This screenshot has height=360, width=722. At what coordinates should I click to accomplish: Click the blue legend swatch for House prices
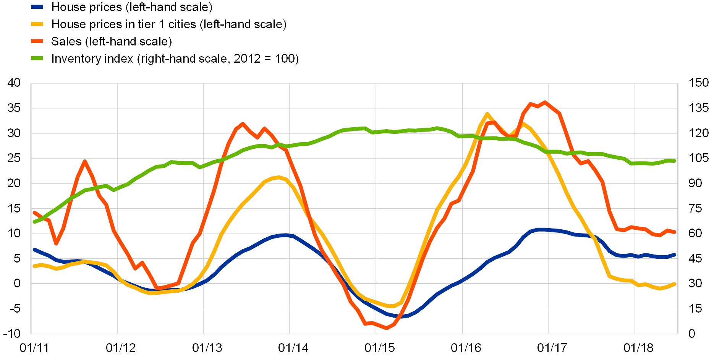click(37, 7)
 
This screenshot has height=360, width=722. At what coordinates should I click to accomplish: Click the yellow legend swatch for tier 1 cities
click(37, 24)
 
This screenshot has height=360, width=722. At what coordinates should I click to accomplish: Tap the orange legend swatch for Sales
click(37, 41)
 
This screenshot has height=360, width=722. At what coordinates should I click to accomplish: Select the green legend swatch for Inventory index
click(37, 58)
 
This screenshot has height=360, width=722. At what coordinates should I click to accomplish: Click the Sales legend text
click(111, 41)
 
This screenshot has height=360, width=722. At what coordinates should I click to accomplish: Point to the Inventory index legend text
click(174, 58)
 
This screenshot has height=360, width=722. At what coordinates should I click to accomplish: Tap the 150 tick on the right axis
click(699, 83)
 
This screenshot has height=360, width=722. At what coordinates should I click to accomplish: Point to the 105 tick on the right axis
click(699, 158)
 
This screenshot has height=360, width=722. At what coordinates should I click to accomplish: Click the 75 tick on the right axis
click(695, 208)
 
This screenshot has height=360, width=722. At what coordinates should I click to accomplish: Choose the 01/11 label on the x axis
click(34, 348)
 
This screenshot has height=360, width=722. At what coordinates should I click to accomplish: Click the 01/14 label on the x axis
click(293, 348)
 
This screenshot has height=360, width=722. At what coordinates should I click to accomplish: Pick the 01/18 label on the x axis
click(638, 348)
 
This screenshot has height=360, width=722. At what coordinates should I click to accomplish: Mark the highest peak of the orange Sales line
click(545, 102)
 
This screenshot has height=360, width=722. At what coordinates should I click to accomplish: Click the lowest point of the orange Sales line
click(387, 328)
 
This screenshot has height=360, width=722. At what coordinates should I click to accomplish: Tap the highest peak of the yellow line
click(487, 114)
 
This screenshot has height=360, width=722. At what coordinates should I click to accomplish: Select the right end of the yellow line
click(675, 284)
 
